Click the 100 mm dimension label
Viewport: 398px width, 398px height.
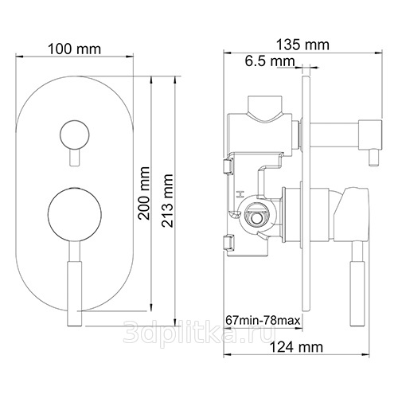coord(75,49)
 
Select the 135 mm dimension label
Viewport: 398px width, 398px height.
coord(302,45)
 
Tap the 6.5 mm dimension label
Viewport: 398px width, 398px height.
coord(270,61)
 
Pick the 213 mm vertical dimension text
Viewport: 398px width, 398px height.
coord(167,201)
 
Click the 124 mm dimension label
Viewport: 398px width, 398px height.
coord(296,347)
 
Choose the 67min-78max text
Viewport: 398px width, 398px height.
coord(263,320)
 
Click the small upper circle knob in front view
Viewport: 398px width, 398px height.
coord(75,135)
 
